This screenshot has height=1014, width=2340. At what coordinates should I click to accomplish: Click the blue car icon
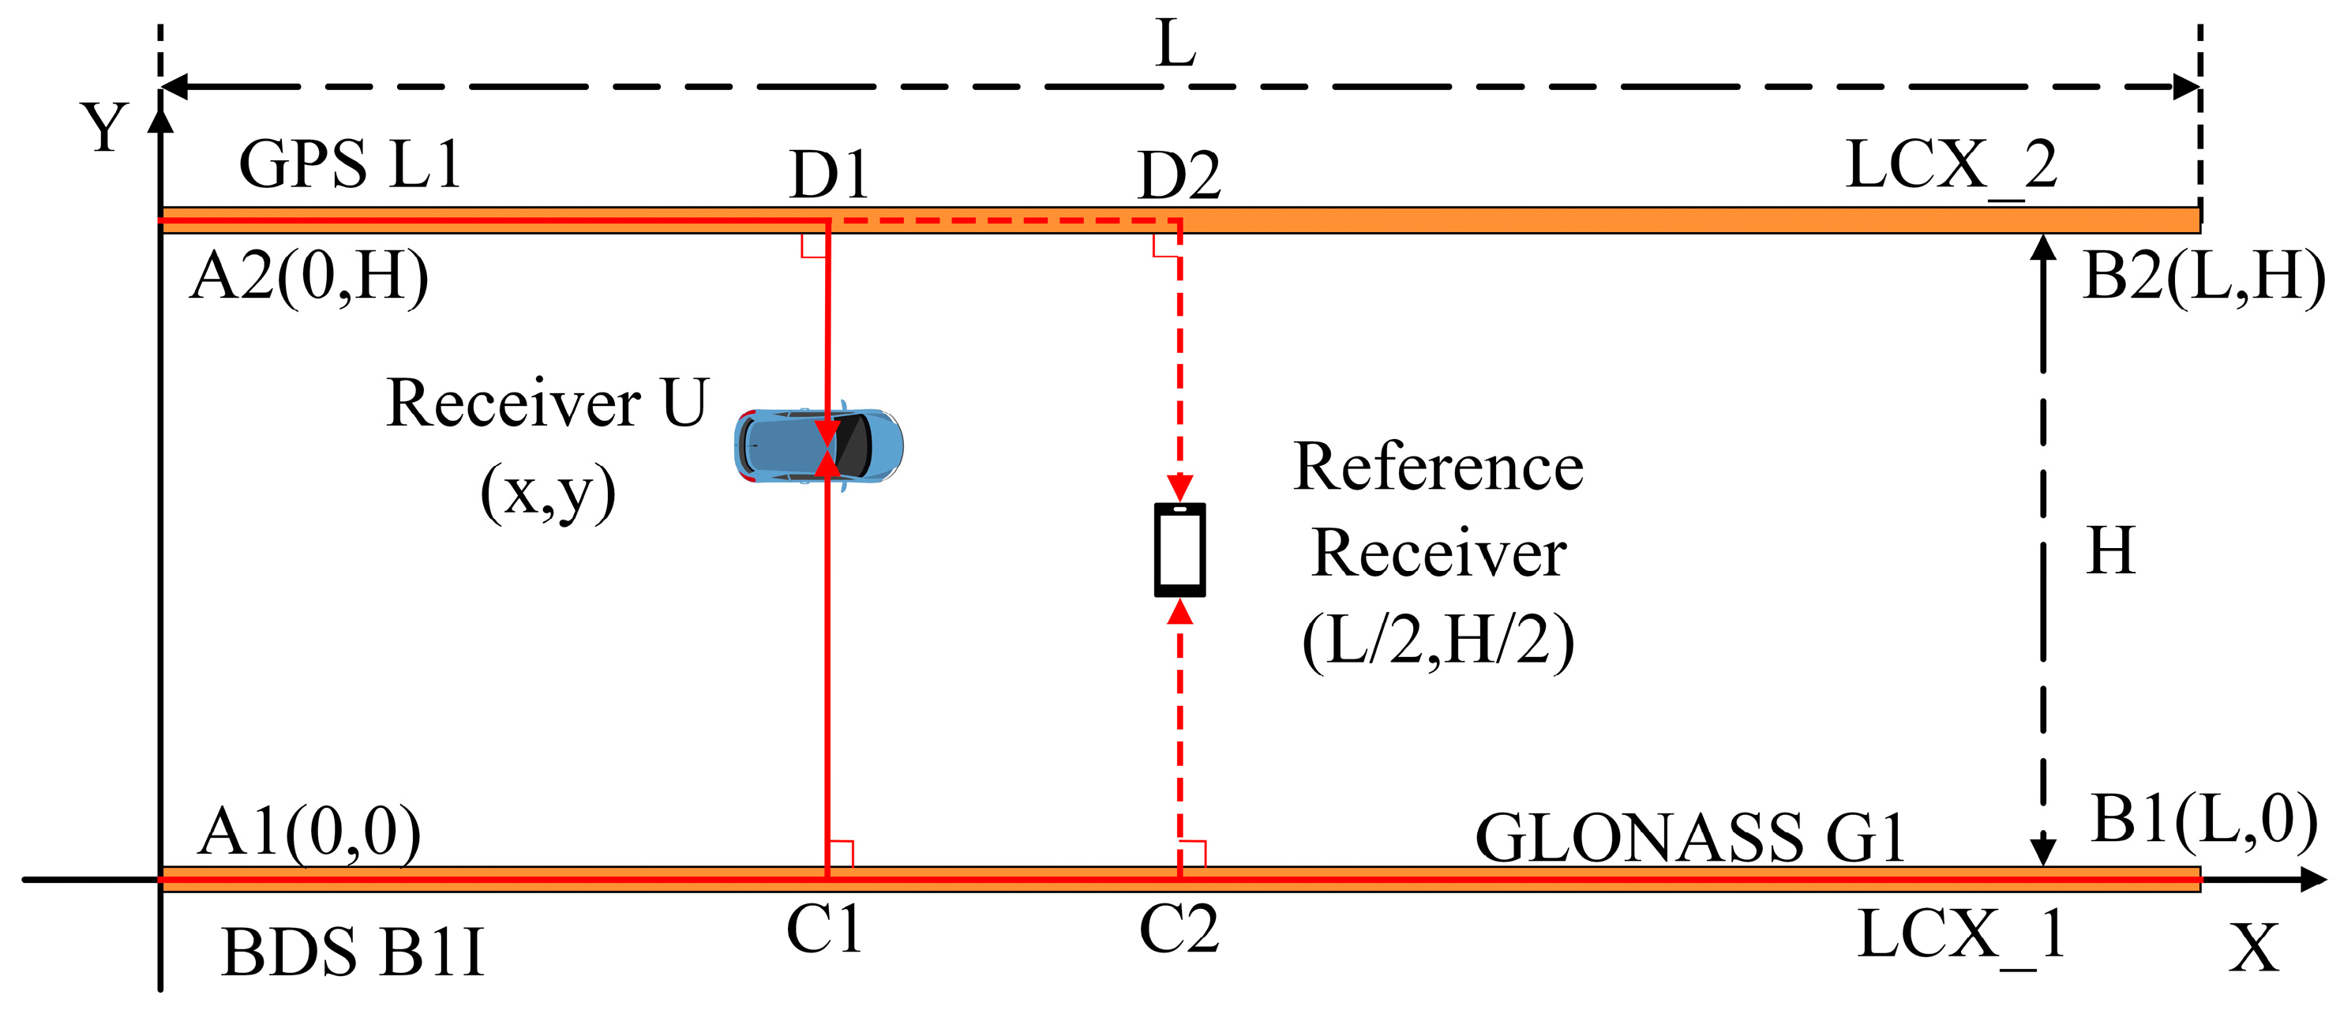819,445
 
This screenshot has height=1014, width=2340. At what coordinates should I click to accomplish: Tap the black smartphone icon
1179,550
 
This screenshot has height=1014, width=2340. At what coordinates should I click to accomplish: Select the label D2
1178,175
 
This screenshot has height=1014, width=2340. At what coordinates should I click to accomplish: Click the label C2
1178,929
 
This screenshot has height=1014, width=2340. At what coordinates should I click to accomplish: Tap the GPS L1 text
351,164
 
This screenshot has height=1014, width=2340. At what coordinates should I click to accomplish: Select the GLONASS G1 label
1689,837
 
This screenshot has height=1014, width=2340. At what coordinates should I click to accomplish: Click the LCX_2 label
1952,167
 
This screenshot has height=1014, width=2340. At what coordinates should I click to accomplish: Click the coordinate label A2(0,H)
309,277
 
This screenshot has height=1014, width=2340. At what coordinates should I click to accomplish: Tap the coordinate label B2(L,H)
2203,277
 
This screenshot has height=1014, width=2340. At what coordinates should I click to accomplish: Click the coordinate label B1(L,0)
2203,821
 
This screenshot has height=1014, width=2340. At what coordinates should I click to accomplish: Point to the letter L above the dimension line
1176,43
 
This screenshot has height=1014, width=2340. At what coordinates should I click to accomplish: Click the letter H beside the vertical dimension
2110,550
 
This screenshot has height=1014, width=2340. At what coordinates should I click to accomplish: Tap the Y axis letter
104,127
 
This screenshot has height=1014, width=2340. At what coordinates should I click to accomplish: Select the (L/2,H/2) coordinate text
1438,641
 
